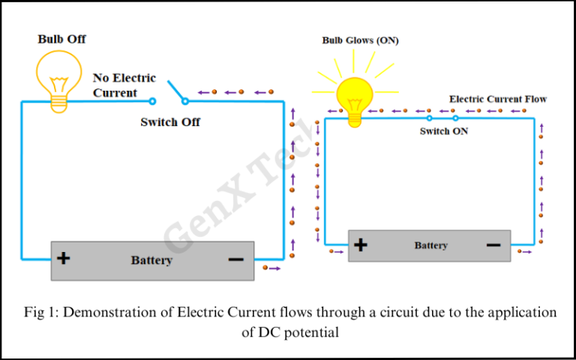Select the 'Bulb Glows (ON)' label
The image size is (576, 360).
[360, 40]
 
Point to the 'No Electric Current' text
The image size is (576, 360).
[124, 85]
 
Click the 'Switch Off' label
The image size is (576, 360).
[170, 121]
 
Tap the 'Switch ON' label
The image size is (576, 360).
[444, 131]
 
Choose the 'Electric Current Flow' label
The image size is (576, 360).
[497, 99]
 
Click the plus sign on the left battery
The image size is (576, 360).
[64, 259]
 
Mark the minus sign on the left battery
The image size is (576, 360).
[235, 259]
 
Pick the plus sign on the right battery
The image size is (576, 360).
[361, 244]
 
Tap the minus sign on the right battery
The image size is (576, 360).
[493, 244]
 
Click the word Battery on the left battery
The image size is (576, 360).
[151, 260]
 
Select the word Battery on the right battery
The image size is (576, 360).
[430, 245]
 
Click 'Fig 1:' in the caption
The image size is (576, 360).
[40, 313]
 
